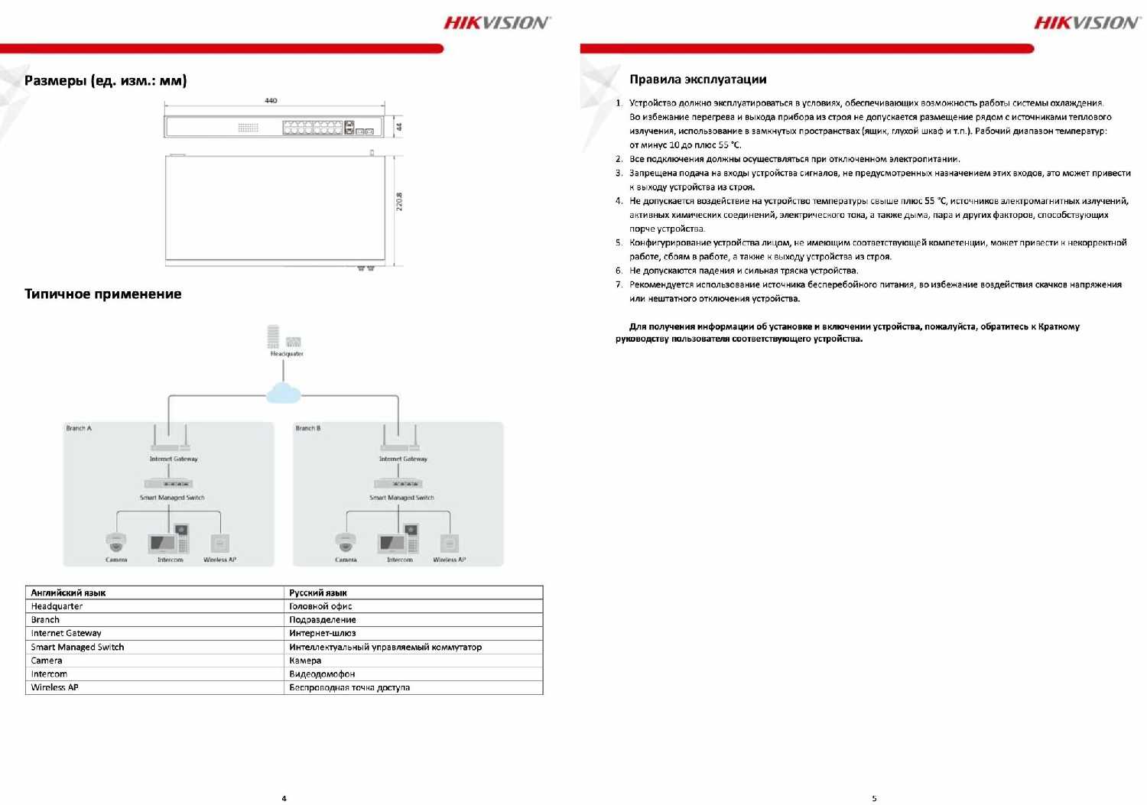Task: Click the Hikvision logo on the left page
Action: [496, 23]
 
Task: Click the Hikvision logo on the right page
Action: [1087, 23]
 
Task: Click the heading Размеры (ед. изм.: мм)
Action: [106, 80]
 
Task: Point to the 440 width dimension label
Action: [271, 100]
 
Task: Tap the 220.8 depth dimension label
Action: [399, 202]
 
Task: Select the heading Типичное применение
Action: [102, 294]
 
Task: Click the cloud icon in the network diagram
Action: [284, 393]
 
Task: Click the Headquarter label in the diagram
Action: [287, 354]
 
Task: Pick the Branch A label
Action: [79, 428]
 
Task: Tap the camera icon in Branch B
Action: [346, 542]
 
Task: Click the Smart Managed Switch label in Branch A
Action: [172, 498]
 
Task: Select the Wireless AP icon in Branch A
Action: [219, 543]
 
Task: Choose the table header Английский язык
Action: [68, 592]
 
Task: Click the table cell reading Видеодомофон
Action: [322, 674]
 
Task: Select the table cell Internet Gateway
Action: [66, 633]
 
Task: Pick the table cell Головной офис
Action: [320, 606]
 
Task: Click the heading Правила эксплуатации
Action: [697, 80]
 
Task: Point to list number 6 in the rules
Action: [619, 271]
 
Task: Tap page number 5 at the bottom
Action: [874, 798]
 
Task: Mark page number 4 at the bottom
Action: [284, 798]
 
